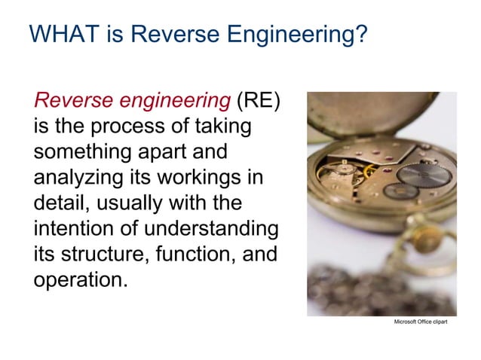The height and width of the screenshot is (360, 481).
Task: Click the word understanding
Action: coord(207,227)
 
